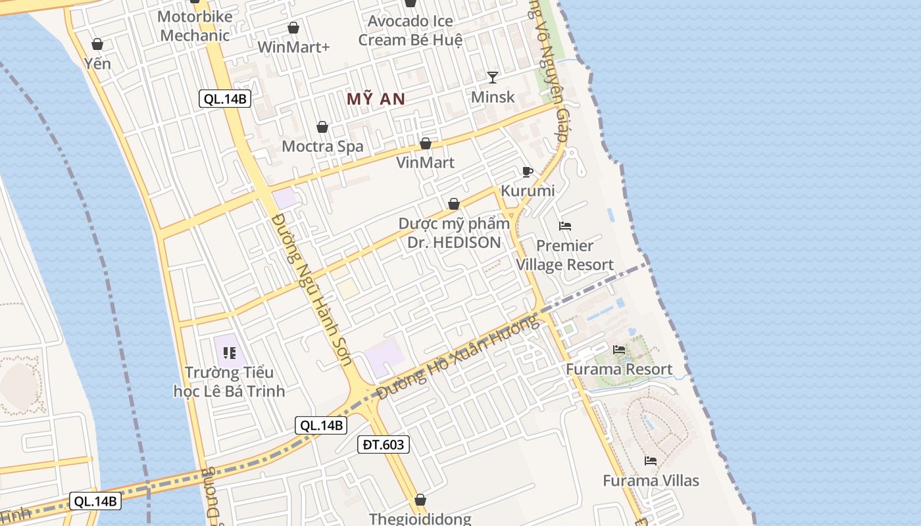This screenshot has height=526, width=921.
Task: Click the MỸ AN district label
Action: coord(376,99)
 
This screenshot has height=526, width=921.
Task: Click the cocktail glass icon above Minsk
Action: coord(493,78)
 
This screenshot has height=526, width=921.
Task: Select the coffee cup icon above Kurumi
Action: coord(527,172)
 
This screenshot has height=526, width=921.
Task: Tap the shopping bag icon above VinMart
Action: coord(426,143)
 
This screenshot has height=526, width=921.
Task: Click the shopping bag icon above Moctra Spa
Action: coord(322,127)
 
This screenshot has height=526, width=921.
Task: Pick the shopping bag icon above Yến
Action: coord(97,44)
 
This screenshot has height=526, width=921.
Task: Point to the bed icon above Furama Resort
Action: coord(619,350)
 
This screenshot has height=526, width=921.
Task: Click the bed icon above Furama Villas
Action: coord(651,461)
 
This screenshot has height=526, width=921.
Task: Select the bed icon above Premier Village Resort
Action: coord(565,226)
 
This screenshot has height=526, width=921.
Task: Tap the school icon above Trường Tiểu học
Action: coord(229,353)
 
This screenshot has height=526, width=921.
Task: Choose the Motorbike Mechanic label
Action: coord(195,26)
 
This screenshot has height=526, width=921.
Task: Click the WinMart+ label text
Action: coord(293,47)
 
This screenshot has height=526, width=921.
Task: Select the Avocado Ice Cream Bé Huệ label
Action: coord(411,30)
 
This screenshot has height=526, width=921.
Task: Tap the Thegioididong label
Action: coord(420,519)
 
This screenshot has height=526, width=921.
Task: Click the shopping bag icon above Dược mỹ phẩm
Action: coord(453,204)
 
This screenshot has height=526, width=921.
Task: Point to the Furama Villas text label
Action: coord(651,481)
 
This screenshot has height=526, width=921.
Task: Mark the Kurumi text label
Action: coord(528,191)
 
